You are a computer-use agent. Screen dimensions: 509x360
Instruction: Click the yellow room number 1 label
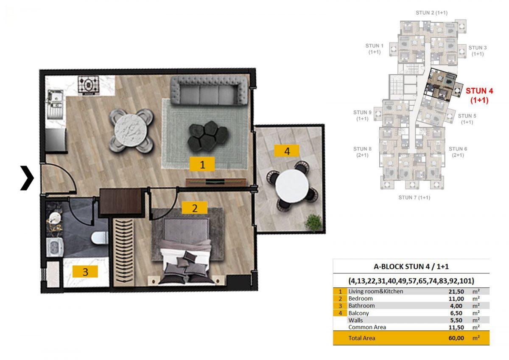coord(202,164)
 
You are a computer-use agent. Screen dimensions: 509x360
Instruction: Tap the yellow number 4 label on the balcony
coord(287,151)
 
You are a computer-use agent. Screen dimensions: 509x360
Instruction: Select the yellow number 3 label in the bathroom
coord(85,272)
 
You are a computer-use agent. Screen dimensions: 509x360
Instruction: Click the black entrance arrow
coord(27,178)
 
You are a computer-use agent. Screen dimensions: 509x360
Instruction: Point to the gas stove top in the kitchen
coord(89,85)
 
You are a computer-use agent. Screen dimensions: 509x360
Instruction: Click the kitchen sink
coord(55,98)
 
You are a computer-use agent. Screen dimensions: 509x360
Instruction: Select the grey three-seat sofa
coord(209,90)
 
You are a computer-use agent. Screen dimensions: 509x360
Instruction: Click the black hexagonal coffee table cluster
coord(208,136)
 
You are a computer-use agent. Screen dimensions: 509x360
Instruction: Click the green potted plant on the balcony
coord(313,222)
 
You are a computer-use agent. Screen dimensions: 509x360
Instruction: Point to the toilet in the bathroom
coord(100,238)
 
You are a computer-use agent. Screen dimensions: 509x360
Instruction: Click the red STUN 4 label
coord(479,95)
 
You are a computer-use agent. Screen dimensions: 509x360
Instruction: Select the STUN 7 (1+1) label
coord(414,198)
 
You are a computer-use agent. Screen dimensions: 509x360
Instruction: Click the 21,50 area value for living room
coord(456,292)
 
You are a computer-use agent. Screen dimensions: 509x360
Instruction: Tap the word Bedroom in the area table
coord(361,298)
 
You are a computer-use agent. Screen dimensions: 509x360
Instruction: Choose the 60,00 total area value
coord(456,338)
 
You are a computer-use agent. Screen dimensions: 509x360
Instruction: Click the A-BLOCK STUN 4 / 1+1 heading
coord(411,266)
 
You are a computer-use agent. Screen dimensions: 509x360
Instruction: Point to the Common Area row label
coord(367,327)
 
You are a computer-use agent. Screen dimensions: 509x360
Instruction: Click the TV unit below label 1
coord(216,182)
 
